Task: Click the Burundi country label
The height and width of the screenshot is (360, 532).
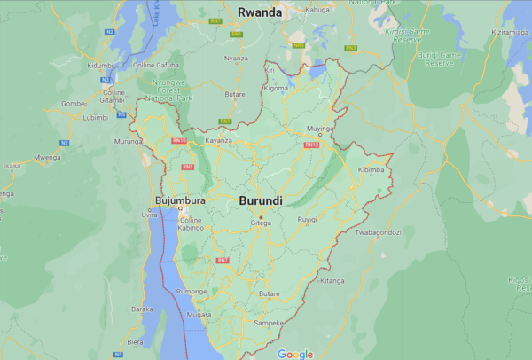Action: [x=261, y=201]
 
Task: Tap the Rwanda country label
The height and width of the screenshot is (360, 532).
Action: [x=259, y=12]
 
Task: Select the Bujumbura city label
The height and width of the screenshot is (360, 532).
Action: [x=180, y=200]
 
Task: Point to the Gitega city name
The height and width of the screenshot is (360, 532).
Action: [x=260, y=223]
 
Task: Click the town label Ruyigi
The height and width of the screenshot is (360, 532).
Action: [x=307, y=219]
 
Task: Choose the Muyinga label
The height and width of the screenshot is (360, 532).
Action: [x=319, y=129]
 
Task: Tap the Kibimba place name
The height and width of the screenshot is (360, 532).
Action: [x=371, y=169]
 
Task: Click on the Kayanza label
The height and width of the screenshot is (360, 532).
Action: [x=218, y=141]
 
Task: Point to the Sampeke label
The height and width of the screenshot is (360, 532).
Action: [x=269, y=324]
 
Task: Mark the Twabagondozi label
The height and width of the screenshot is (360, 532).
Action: [x=378, y=232]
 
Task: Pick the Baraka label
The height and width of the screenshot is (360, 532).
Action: [x=142, y=309]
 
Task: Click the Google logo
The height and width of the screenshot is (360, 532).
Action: [x=295, y=354]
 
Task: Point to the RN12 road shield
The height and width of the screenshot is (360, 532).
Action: [x=310, y=145]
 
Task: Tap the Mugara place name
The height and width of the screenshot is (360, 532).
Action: [x=199, y=315]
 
